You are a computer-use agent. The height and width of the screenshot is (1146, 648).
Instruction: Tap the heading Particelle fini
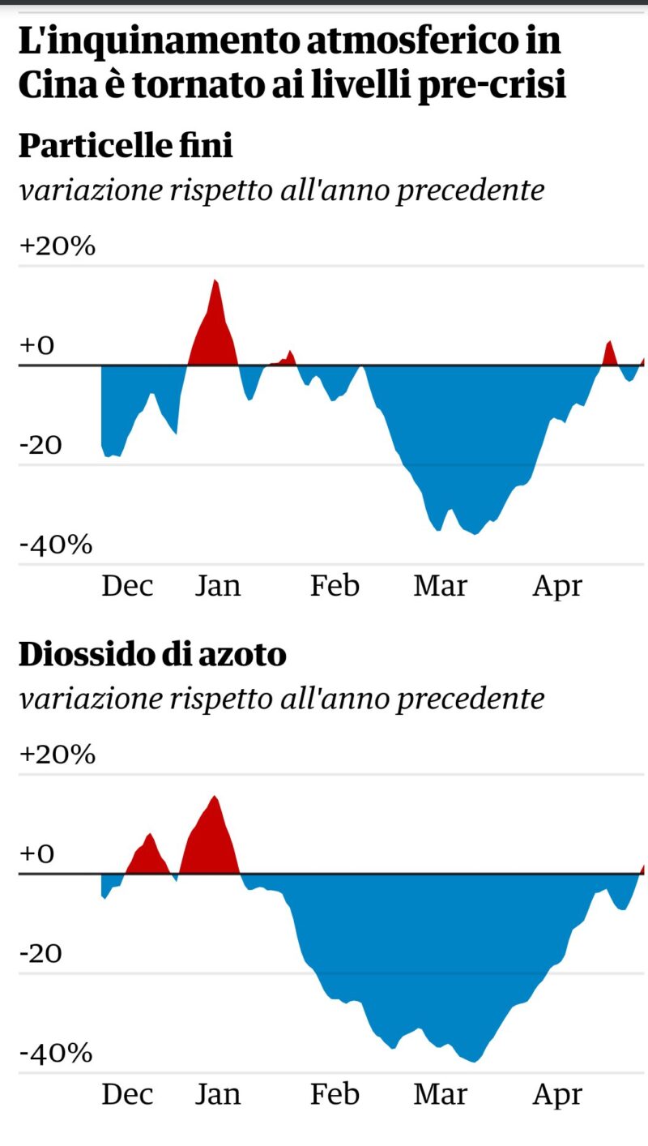coord(126,146)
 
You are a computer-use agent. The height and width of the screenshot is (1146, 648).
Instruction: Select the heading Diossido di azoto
coord(152,654)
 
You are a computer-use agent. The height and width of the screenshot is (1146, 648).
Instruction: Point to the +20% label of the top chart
coord(57,246)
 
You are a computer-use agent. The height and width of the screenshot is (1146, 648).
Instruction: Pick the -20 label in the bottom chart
coord(40,953)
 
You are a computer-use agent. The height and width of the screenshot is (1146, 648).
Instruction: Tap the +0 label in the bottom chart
coord(36,853)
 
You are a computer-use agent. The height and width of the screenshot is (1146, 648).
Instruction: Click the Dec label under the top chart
coord(127,586)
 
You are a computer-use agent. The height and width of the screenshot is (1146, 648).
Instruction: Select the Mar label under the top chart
coord(440,586)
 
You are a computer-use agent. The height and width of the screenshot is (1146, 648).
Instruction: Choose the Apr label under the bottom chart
coord(557,1095)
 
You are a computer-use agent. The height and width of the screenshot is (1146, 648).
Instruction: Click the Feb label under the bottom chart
coord(335,1095)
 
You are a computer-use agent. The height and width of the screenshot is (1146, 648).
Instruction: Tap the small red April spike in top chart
coord(609,354)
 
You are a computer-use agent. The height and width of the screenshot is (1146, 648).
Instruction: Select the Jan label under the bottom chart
coord(218,1095)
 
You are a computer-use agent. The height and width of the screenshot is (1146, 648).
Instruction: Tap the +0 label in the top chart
coord(36,345)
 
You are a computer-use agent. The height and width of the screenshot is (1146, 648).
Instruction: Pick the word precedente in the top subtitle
coord(470,190)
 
